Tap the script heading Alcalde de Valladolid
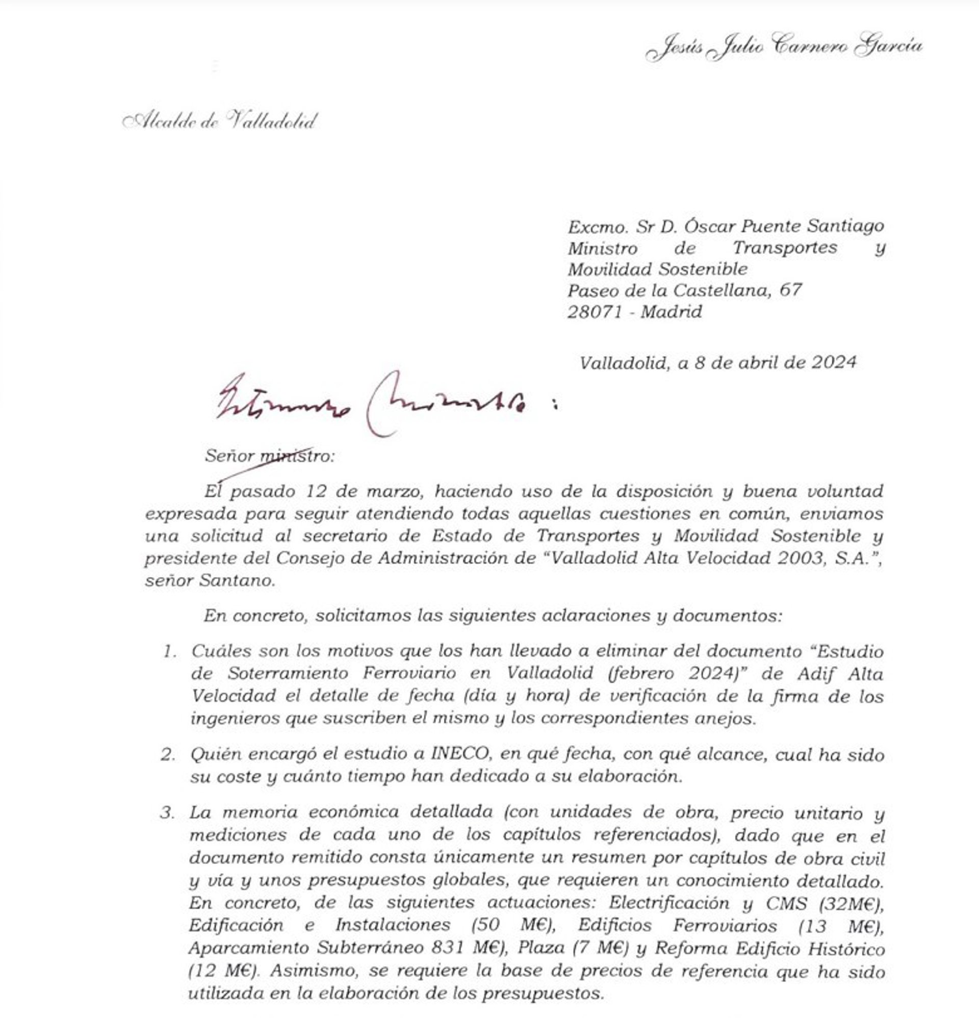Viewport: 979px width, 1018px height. click(219, 121)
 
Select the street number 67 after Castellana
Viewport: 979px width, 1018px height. click(790, 290)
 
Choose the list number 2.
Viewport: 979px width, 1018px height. click(167, 755)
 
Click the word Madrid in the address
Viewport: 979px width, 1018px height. click(671, 312)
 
